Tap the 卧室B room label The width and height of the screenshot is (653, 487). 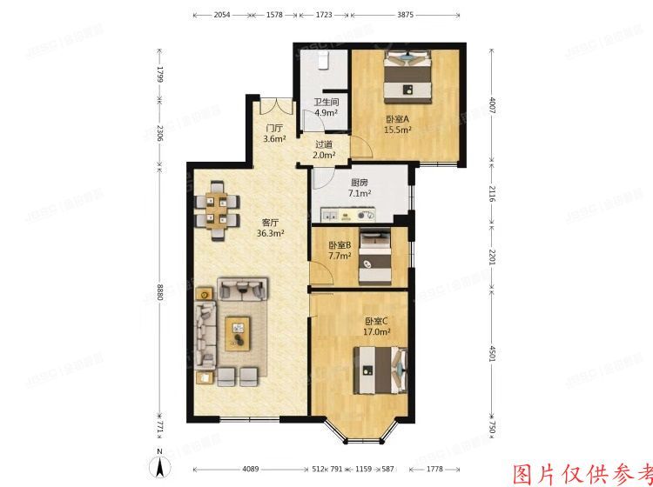(340, 245)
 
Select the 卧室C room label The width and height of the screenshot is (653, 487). (377, 321)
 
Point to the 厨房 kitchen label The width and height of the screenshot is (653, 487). (360, 183)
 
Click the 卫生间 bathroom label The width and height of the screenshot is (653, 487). (326, 103)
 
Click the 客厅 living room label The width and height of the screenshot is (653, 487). (267, 221)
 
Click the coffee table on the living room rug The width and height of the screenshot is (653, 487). (236, 332)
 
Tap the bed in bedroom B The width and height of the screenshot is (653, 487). (375, 256)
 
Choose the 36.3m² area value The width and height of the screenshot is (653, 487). (267, 232)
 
